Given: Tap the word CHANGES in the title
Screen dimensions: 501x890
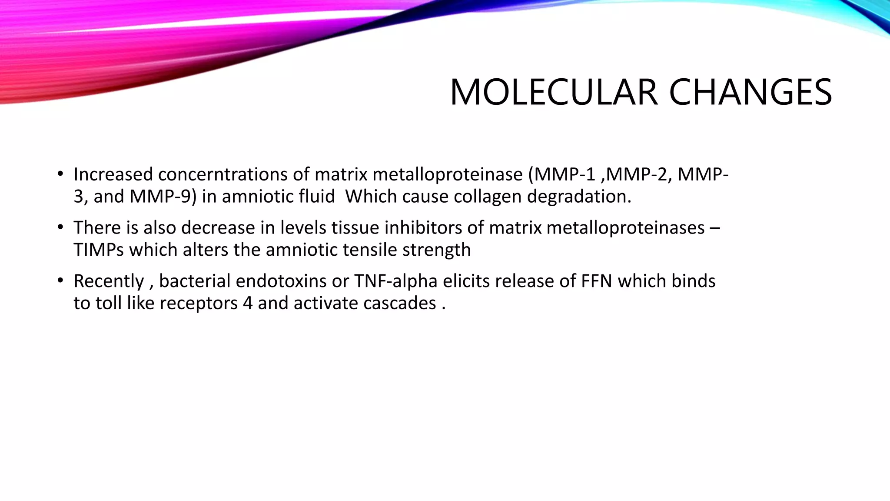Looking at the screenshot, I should (x=750, y=92).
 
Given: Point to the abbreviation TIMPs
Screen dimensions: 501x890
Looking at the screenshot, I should (x=99, y=250).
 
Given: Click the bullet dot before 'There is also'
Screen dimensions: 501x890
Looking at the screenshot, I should (x=60, y=228).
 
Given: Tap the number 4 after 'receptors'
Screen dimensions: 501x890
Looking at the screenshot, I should (x=248, y=304).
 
